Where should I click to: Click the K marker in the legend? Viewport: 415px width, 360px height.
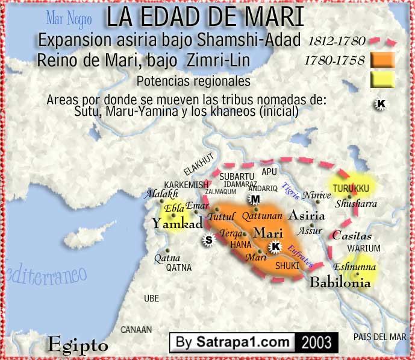pos(381,104)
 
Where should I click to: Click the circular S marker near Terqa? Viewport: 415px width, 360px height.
pos(209,239)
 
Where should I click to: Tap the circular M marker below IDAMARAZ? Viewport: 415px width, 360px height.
pos(255,200)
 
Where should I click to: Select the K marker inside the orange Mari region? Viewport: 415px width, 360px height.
pos(275,246)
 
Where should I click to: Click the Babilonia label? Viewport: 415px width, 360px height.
pos(340,282)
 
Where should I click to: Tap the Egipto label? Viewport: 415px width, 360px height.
pos(78,346)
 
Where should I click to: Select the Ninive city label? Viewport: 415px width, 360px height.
pos(317,195)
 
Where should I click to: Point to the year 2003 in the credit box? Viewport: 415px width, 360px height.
pos(317,343)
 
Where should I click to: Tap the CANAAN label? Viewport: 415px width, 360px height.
pos(136,330)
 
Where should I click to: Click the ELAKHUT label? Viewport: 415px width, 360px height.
pos(200,172)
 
